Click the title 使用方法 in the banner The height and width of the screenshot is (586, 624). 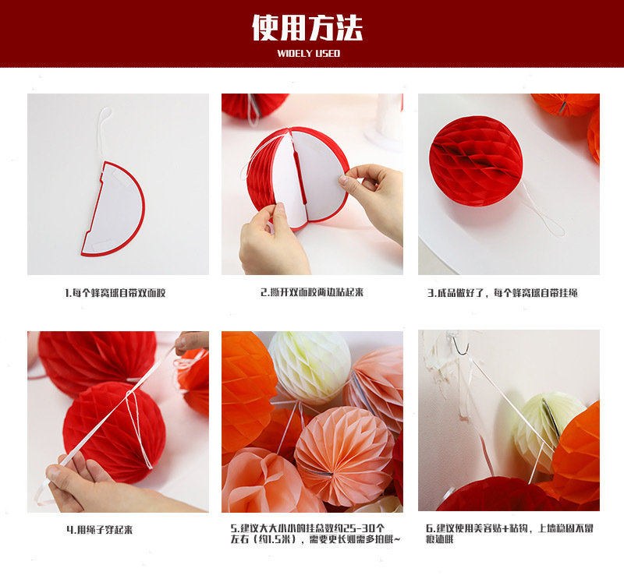click(307, 28)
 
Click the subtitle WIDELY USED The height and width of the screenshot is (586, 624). click(309, 54)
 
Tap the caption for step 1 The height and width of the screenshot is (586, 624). click(115, 293)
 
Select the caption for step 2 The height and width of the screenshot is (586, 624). click(312, 292)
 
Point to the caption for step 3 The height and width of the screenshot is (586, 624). click(502, 293)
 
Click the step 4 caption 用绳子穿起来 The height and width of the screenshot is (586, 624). click(99, 529)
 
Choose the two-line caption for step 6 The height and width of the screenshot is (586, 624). click(509, 533)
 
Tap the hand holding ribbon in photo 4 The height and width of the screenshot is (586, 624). click(86, 483)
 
